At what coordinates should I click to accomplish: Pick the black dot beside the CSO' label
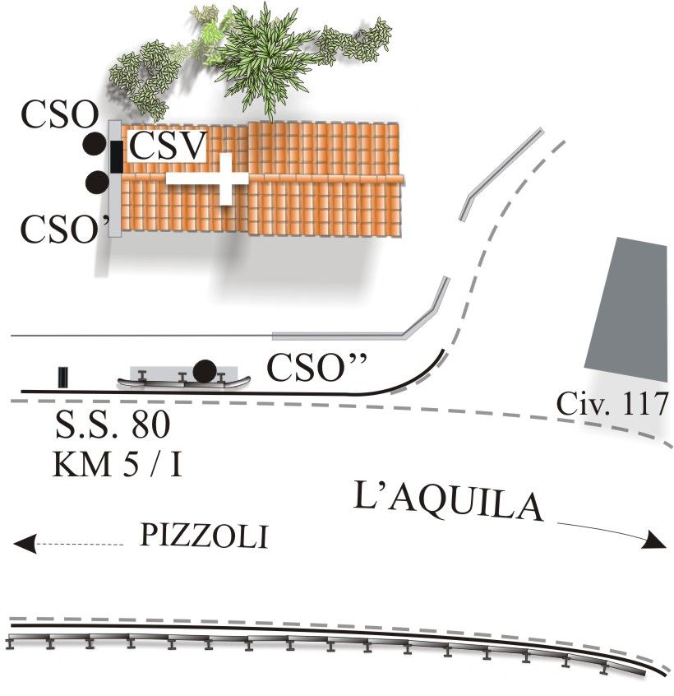click(97, 181)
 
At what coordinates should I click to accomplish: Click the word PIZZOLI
click(204, 537)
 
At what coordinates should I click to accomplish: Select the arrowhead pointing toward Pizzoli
click(25, 542)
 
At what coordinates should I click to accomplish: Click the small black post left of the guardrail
click(63, 377)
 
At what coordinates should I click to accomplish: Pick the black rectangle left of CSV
click(117, 156)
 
